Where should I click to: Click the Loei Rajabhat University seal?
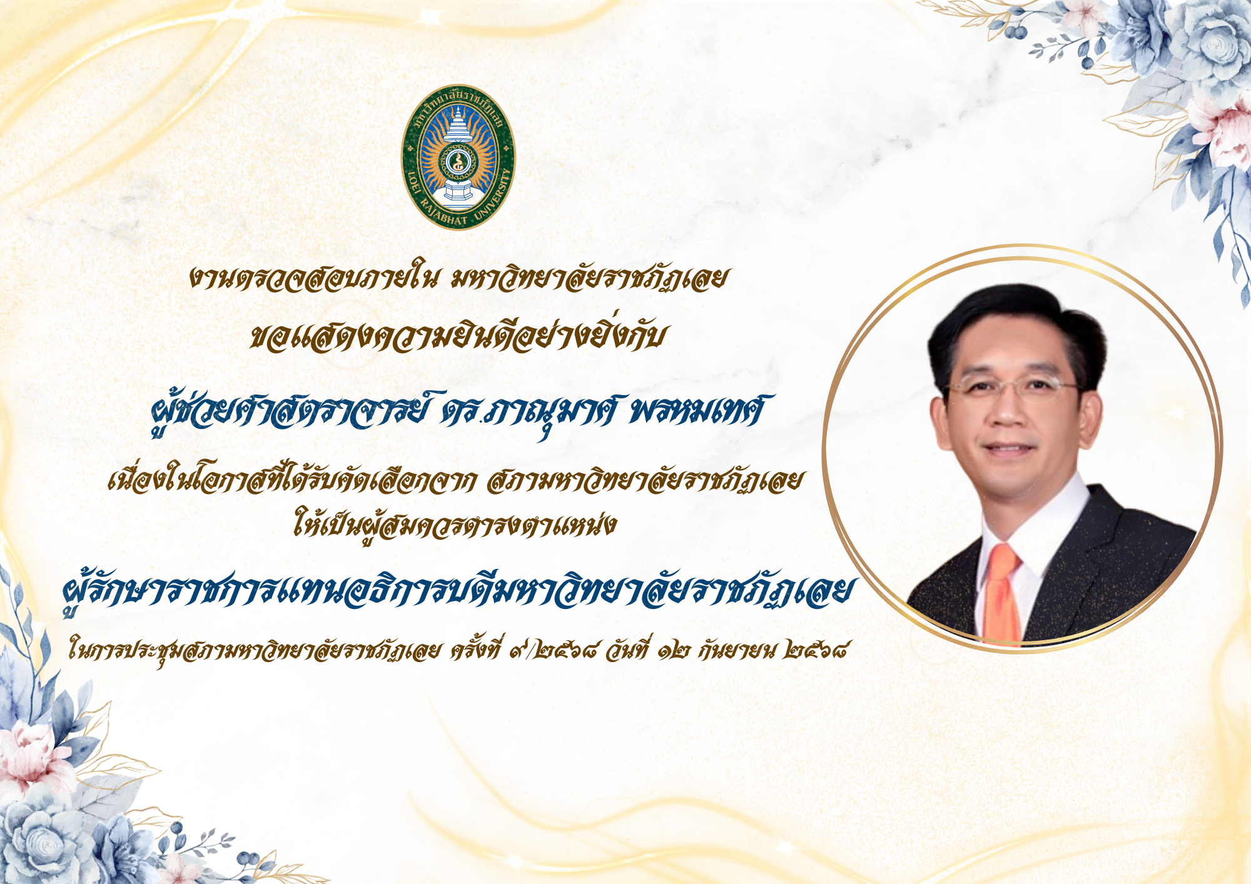[x=458, y=157]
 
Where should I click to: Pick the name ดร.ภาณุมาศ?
[x=529, y=414]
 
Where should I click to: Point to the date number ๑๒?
[x=673, y=651]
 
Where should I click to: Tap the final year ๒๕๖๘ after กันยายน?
[x=817, y=651]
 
